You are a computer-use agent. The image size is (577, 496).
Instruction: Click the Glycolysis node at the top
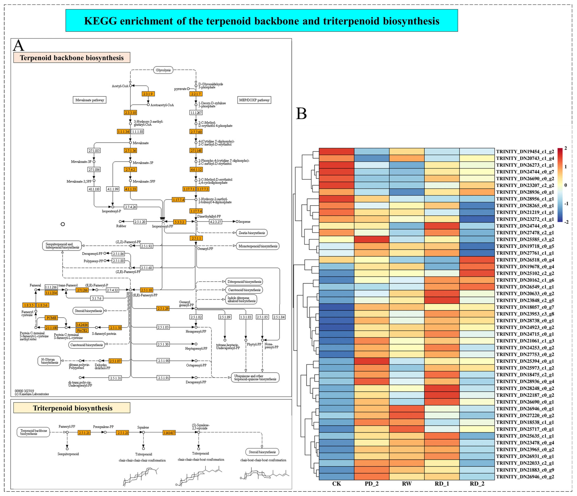163,70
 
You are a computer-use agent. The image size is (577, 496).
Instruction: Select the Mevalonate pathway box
90,100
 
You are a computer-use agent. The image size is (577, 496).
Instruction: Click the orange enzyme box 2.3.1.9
148,94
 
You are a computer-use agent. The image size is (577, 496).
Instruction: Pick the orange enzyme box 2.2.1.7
195,94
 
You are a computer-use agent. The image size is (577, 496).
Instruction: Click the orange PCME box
51,318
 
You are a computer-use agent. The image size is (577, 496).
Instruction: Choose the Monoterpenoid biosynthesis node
258,246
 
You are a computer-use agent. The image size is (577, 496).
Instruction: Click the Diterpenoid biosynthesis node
244,282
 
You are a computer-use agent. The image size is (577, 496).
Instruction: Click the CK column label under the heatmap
336,484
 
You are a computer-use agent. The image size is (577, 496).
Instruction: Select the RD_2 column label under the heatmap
477,484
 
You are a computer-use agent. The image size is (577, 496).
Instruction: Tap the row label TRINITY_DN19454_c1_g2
525,152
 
